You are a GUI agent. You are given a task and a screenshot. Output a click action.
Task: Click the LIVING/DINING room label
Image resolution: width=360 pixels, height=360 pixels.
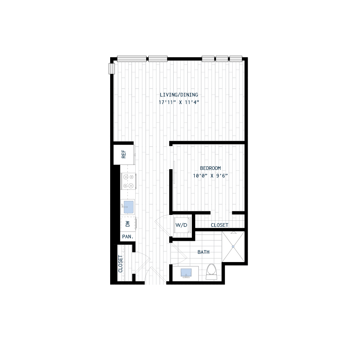point(179,95)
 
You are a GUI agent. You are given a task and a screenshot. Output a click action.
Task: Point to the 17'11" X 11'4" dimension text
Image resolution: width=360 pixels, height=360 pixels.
point(179,102)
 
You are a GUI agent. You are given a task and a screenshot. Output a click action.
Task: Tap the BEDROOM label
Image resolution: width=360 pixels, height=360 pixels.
point(210,168)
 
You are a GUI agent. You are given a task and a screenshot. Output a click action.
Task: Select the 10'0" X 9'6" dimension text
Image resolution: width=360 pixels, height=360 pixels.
point(210,176)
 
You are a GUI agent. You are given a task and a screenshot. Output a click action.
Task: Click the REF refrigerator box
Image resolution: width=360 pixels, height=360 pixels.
point(124,155)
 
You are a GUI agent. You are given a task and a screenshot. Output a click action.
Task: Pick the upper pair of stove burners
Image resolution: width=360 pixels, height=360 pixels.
point(129,177)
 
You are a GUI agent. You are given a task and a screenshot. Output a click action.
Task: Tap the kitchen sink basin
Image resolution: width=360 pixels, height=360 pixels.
point(129,207)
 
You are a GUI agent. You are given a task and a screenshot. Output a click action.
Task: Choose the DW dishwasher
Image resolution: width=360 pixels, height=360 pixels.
point(128,224)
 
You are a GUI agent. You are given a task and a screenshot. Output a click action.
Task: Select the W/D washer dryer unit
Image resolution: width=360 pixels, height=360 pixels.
point(181,225)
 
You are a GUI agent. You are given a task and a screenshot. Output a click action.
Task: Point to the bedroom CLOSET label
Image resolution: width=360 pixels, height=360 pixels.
point(219,225)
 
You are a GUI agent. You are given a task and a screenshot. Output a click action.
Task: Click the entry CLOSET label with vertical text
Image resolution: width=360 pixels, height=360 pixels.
point(121,264)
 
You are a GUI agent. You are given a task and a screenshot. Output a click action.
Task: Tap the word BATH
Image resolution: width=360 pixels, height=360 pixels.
point(203,252)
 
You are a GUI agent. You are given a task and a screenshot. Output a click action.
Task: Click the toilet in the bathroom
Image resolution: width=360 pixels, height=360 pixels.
point(211,271)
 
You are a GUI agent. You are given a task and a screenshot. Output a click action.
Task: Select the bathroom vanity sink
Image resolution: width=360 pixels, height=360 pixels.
point(186,272)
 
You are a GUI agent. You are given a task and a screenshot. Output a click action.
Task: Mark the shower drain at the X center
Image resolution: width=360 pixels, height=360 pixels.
point(234,247)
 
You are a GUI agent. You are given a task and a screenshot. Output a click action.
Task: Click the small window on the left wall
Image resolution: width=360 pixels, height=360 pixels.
point(112,68)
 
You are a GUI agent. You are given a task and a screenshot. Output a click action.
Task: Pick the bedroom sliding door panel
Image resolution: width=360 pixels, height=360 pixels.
point(174,172)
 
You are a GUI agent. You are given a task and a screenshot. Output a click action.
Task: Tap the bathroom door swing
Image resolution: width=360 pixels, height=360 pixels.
point(178,252)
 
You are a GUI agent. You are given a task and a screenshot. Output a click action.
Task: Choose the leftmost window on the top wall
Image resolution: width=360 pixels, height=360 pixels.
point(132,58)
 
